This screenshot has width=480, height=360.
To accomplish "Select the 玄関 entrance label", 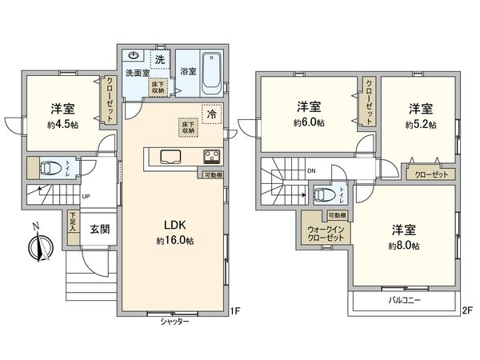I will tap(99, 228).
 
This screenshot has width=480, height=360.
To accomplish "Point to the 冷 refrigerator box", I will tap(211, 114).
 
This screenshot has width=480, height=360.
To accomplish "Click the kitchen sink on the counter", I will tap(172, 156).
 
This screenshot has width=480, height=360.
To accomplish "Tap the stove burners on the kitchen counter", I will tap(213, 156).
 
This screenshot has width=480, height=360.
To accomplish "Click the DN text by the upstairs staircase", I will tap(311, 170).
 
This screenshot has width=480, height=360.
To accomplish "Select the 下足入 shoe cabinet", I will tap(73, 222).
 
